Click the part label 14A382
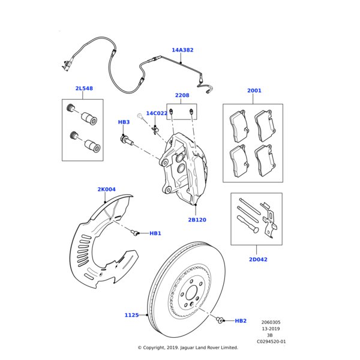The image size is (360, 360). click(182, 50)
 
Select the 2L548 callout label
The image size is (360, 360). click(84, 89)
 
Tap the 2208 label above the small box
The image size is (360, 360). click(182, 95)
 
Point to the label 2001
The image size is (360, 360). click(254, 91)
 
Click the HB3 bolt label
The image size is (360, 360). click(124, 122)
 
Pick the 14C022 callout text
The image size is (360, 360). click(157, 113)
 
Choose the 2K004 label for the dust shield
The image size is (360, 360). click(106, 190)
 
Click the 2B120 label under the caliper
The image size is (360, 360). click(197, 220)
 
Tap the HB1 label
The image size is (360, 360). click(155, 233)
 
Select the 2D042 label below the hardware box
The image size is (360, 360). click(258, 260)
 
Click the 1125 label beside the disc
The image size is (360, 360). click(131, 315)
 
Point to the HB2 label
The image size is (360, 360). click(240, 321)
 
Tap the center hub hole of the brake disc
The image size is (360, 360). click(191, 294)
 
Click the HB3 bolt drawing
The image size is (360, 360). click(127, 140)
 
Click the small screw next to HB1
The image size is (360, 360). click(136, 233)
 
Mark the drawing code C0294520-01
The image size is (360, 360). click(271, 341)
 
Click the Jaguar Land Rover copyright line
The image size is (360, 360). click(188, 347)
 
